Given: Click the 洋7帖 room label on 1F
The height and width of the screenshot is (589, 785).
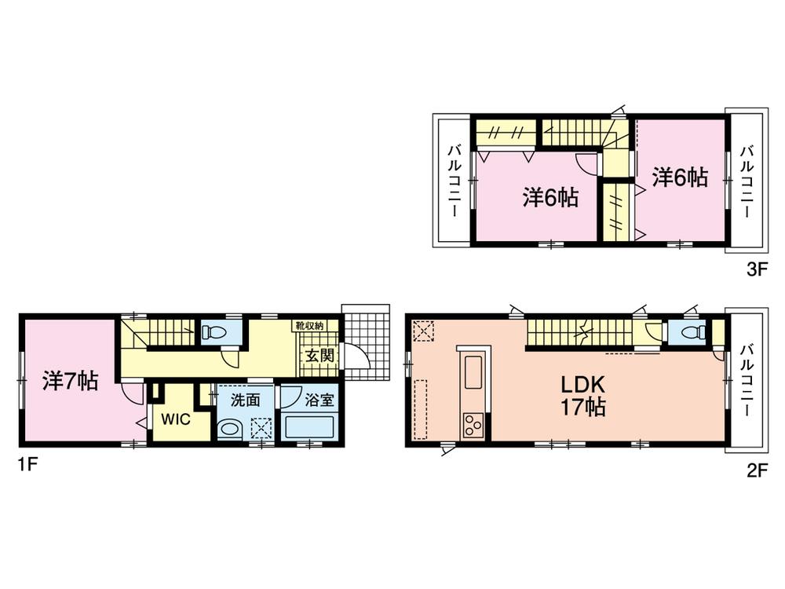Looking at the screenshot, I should click(x=70, y=382).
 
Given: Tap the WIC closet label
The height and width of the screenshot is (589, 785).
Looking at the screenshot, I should click(x=176, y=419).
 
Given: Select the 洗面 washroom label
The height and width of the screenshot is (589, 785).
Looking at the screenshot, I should click(x=245, y=400).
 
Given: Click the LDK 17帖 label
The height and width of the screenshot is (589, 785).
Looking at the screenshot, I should click(x=582, y=396).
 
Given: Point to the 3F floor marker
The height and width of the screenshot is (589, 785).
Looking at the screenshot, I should click(x=755, y=269).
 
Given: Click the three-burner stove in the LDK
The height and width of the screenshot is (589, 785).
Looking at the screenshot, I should click(x=473, y=427).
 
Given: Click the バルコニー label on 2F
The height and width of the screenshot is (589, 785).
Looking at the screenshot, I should click(x=748, y=380).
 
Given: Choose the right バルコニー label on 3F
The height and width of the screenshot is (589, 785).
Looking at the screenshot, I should click(x=748, y=181).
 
